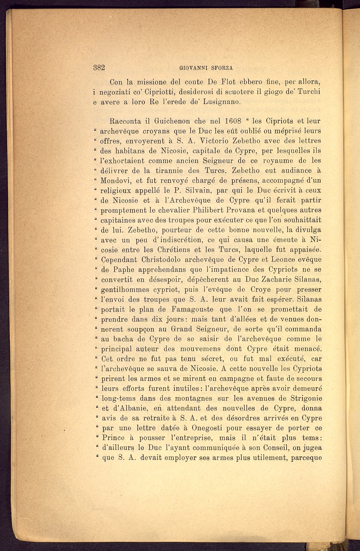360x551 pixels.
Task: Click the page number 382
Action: click(x=99, y=68)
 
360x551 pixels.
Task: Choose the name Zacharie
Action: click(x=273, y=280)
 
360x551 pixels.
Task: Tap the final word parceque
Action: click(x=307, y=458)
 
